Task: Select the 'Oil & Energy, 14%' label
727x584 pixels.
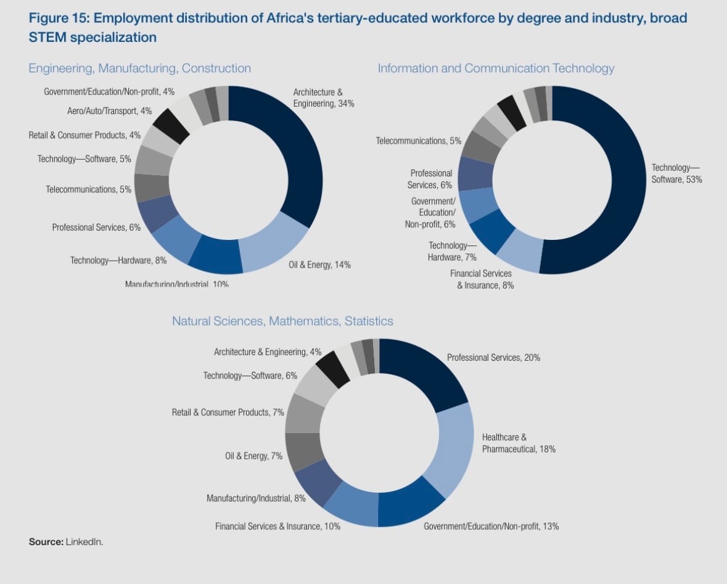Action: click(x=319, y=265)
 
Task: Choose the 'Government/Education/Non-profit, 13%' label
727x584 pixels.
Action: click(x=491, y=526)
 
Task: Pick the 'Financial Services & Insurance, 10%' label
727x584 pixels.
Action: click(x=277, y=526)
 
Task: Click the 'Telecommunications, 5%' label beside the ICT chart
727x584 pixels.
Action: click(x=418, y=141)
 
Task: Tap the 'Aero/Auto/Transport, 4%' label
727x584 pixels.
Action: click(x=109, y=111)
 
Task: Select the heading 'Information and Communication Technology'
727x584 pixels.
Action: click(x=496, y=68)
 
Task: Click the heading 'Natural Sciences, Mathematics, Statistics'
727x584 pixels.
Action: click(x=282, y=321)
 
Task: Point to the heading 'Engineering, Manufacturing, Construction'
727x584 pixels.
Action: click(x=140, y=68)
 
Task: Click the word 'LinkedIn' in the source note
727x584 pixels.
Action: click(x=84, y=542)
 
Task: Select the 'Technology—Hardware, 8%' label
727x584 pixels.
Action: click(x=118, y=260)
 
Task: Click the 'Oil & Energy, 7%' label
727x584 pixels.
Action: click(x=253, y=456)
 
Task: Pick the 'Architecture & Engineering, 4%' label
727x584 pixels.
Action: click(x=267, y=352)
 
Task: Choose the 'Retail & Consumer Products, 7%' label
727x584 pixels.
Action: click(x=228, y=412)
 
